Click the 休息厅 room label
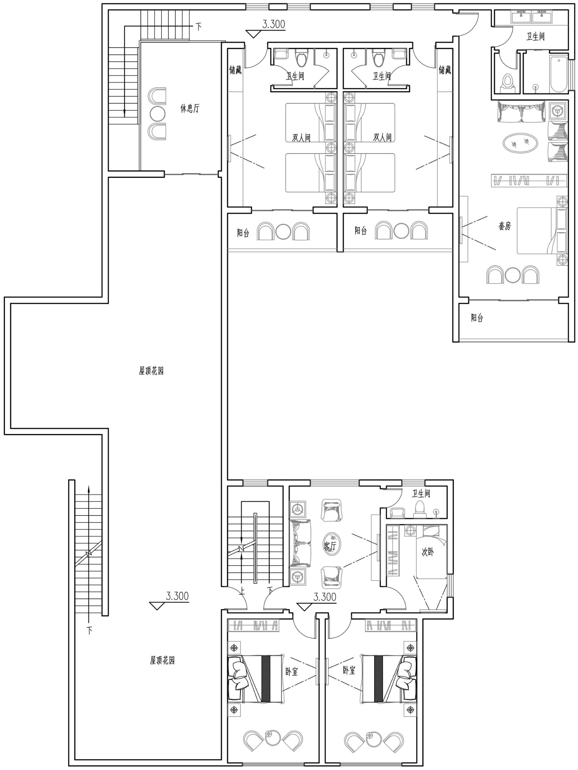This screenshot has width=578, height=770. pyautogui.click(x=190, y=108)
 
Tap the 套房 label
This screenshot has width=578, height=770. pyautogui.click(x=505, y=226)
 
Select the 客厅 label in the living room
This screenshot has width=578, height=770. pyautogui.click(x=330, y=546)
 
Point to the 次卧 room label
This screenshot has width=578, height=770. pyautogui.click(x=428, y=552)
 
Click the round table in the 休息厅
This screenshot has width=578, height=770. pyautogui.click(x=158, y=114)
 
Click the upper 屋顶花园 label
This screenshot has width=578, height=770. pyautogui.click(x=151, y=371)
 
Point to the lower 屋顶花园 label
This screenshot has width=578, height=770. pyautogui.click(x=162, y=660)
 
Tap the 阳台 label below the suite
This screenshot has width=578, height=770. pyautogui.click(x=477, y=318)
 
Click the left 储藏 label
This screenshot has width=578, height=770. pyautogui.click(x=235, y=70)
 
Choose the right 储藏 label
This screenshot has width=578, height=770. pyautogui.click(x=445, y=70)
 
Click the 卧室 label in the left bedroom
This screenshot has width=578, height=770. pyautogui.click(x=292, y=672)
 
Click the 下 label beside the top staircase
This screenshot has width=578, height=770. pyautogui.click(x=198, y=27)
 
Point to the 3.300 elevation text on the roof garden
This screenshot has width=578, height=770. pyautogui.click(x=177, y=596)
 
